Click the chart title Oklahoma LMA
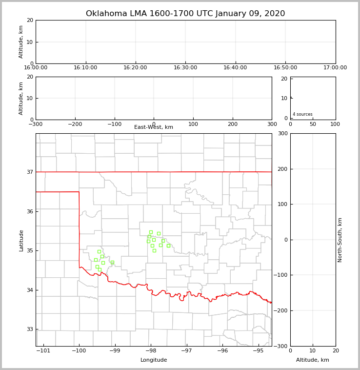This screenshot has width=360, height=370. (x=185, y=14)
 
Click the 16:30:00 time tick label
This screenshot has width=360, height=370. (x=185, y=68)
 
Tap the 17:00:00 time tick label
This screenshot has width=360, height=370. (x=335, y=68)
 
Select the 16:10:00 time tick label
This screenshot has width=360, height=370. (x=86, y=68)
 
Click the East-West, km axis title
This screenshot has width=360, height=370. (x=154, y=127)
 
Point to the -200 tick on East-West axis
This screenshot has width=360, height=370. (x=75, y=124)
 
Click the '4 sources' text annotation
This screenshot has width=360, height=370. (x=302, y=114)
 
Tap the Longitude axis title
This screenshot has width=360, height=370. (x=154, y=360)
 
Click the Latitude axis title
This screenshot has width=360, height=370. (x=21, y=240)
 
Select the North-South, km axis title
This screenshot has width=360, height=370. (x=340, y=240)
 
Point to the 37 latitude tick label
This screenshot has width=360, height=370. (x=30, y=172)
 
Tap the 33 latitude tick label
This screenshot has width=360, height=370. (x=30, y=329)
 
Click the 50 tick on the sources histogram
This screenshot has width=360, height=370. (x=313, y=124)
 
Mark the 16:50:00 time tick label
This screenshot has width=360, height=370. (x=285, y=68)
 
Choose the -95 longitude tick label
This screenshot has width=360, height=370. (x=258, y=350)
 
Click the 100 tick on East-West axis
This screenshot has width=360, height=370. (x=193, y=124)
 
